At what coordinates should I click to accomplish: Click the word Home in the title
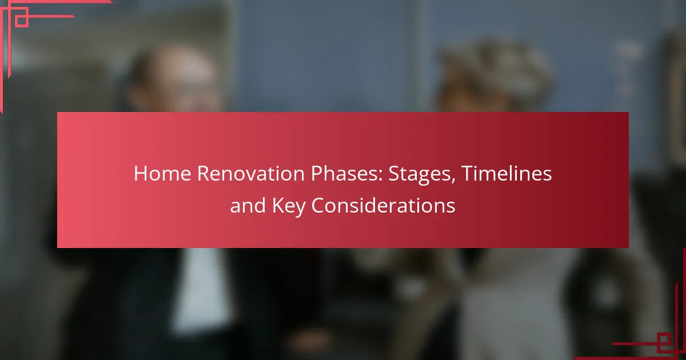pos(162,174)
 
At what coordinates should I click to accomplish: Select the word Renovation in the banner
pos(251,174)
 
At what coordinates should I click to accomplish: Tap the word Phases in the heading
pos(344,174)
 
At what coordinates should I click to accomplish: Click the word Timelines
pos(506,174)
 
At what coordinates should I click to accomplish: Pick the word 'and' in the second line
pos(248,205)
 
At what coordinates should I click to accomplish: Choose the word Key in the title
pos(289,207)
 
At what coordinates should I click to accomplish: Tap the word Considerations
pos(383,205)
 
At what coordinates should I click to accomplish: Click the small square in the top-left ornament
pos(22,21)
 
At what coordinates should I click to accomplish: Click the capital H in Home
pos(140,174)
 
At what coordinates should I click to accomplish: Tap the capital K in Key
pos(278,205)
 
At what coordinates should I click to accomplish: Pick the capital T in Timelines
pos(467,174)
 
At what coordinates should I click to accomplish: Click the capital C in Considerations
pos(318,205)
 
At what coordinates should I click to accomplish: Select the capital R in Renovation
pos(204,174)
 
